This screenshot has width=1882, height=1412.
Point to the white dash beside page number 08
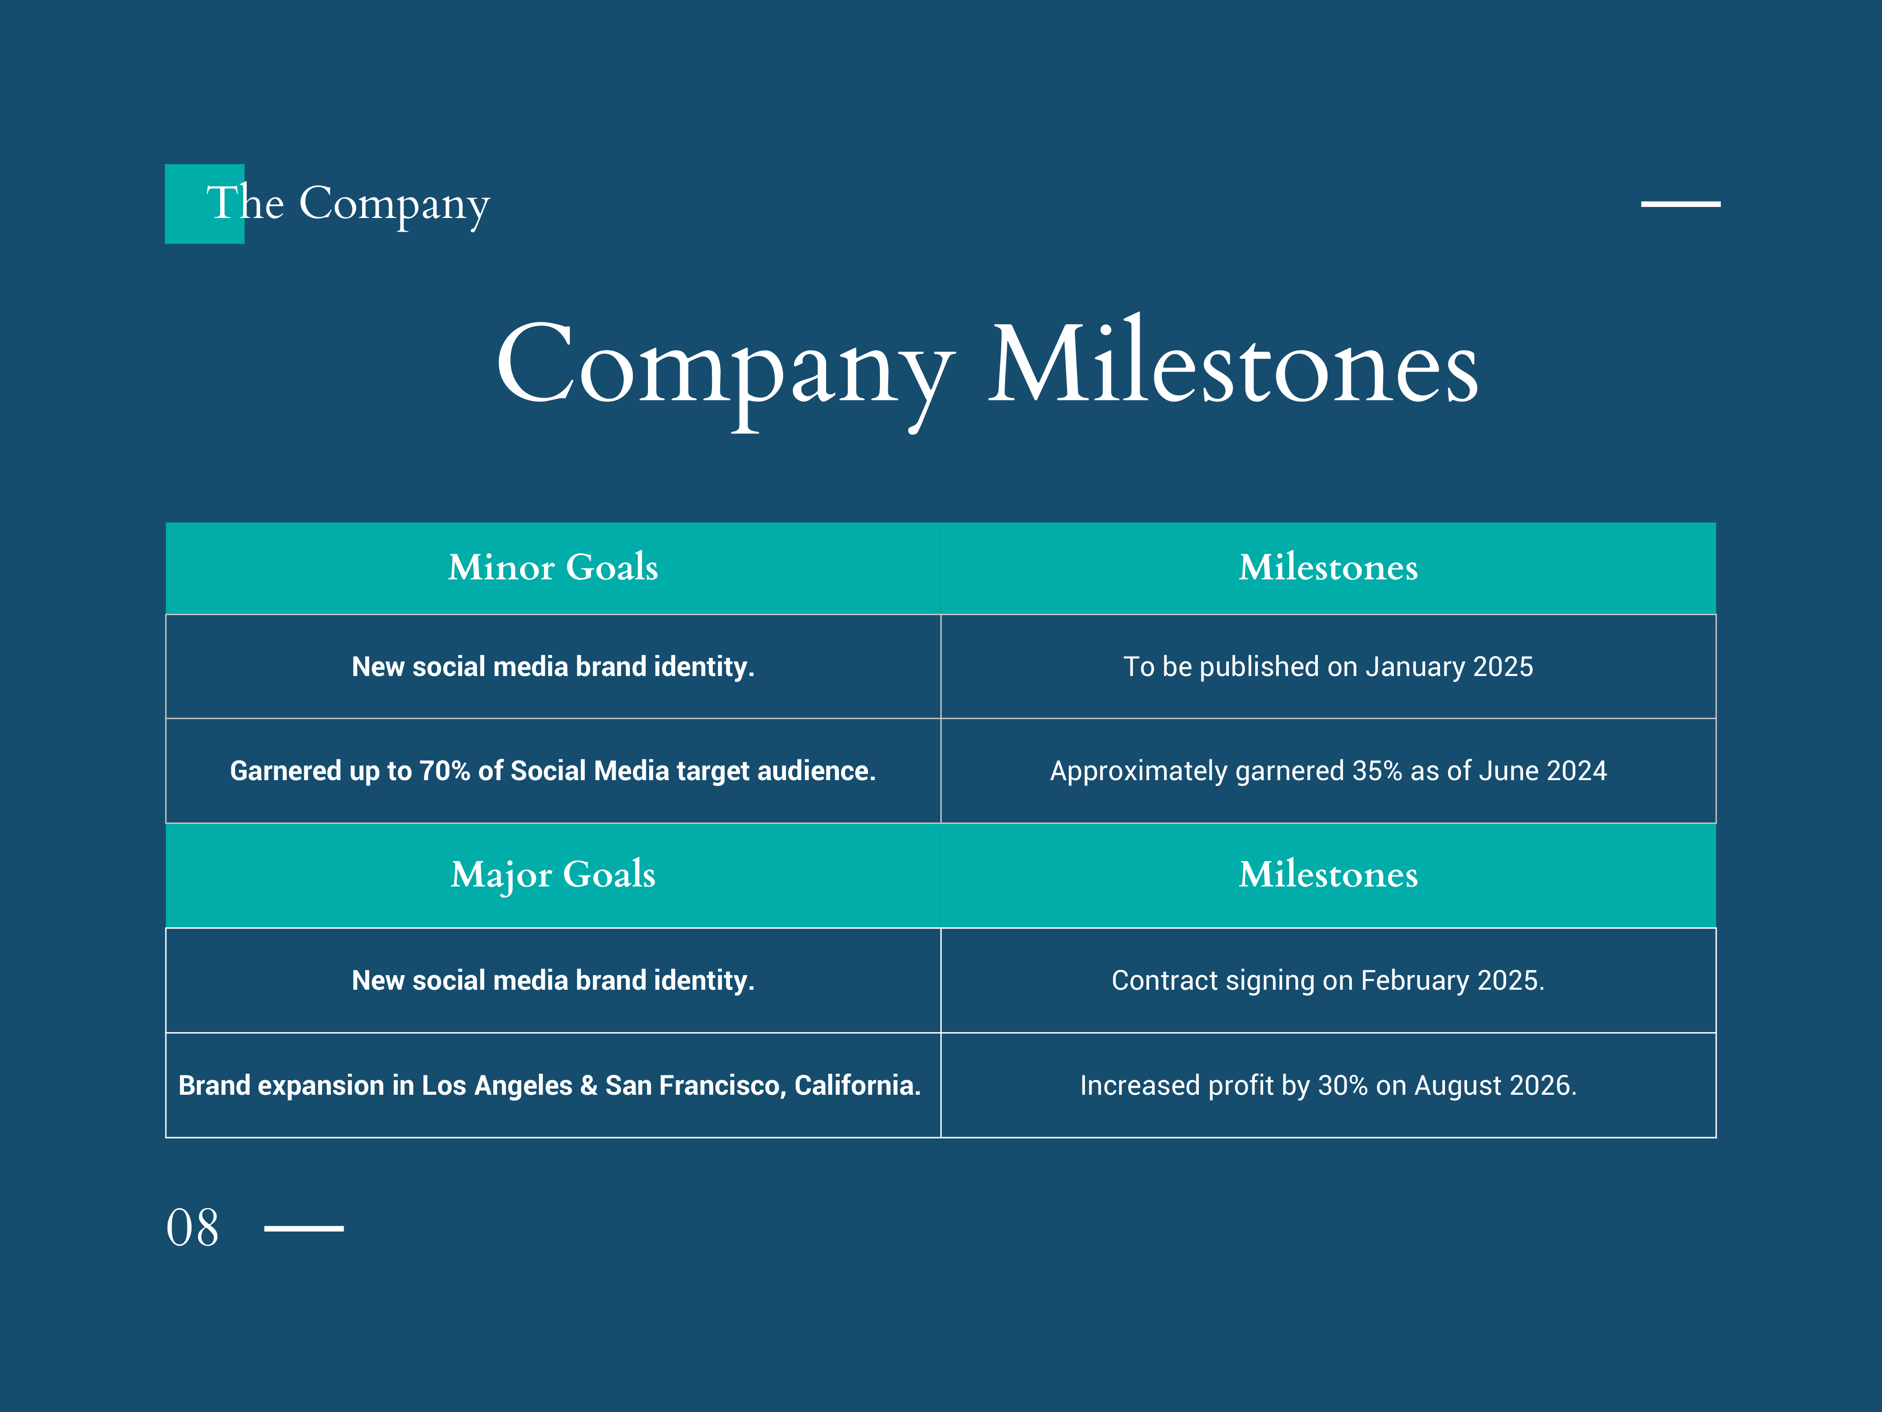point(304,1228)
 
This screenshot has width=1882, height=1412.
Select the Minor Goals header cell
point(553,568)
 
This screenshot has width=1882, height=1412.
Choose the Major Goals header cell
point(553,875)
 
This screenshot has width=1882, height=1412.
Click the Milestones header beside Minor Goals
point(1328,568)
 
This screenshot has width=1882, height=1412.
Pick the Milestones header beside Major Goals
point(1328,875)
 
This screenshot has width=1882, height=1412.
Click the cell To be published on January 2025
point(1328,666)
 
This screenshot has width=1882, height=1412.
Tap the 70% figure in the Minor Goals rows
point(445,770)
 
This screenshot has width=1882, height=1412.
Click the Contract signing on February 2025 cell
point(1328,980)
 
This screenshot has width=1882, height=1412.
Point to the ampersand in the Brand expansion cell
point(589,1085)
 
